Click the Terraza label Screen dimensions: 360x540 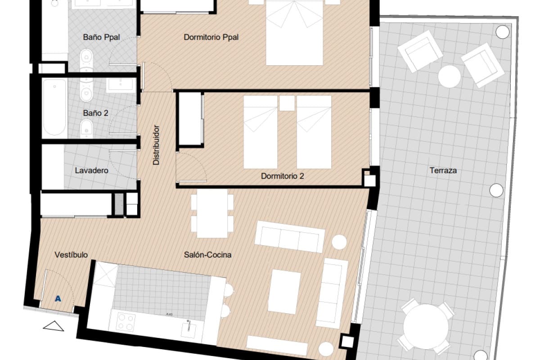pyautogui.click(x=443, y=171)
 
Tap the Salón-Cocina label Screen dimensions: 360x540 pyautogui.click(x=207, y=255)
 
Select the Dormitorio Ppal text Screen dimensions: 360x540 pyautogui.click(x=211, y=37)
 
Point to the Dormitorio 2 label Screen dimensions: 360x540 pyautogui.click(x=283, y=176)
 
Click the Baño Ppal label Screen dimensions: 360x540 pyautogui.click(x=101, y=37)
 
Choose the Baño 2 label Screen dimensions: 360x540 pyautogui.click(x=95, y=113)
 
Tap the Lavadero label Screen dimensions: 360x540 pyautogui.click(x=91, y=171)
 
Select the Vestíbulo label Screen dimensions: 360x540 pyautogui.click(x=71, y=255)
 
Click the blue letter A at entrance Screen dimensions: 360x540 pyautogui.click(x=58, y=298)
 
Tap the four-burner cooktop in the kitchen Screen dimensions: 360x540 pyautogui.click(x=126, y=321)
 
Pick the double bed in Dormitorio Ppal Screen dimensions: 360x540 pyautogui.click(x=295, y=34)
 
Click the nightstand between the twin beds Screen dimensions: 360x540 pyautogui.click(x=287, y=103)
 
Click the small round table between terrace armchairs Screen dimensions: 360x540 pyautogui.click(x=449, y=76)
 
